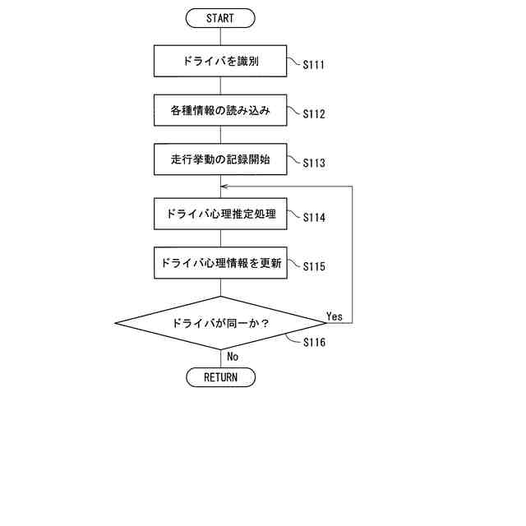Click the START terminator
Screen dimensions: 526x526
(220, 18)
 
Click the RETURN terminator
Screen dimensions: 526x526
(220, 377)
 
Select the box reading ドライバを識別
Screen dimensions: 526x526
(220, 61)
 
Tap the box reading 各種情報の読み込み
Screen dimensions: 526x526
(220, 110)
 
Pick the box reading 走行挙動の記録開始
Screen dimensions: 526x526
(220, 159)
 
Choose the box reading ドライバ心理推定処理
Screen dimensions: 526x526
(220, 214)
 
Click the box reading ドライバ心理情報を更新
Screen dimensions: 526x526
(220, 263)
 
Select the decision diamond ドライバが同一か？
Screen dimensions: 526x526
(220, 323)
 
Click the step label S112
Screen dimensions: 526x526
(314, 114)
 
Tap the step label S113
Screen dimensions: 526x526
(314, 164)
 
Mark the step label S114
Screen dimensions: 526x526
(314, 219)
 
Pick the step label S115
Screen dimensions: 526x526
(314, 267)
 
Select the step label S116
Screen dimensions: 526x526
(314, 343)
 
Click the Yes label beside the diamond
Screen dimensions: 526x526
(335, 316)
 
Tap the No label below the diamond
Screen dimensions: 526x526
(233, 357)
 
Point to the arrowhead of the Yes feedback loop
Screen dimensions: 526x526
(224, 187)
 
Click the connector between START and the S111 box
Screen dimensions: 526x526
(220, 36)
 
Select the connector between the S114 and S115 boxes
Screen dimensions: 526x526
(220, 238)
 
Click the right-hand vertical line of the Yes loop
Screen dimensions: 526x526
(353, 255)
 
